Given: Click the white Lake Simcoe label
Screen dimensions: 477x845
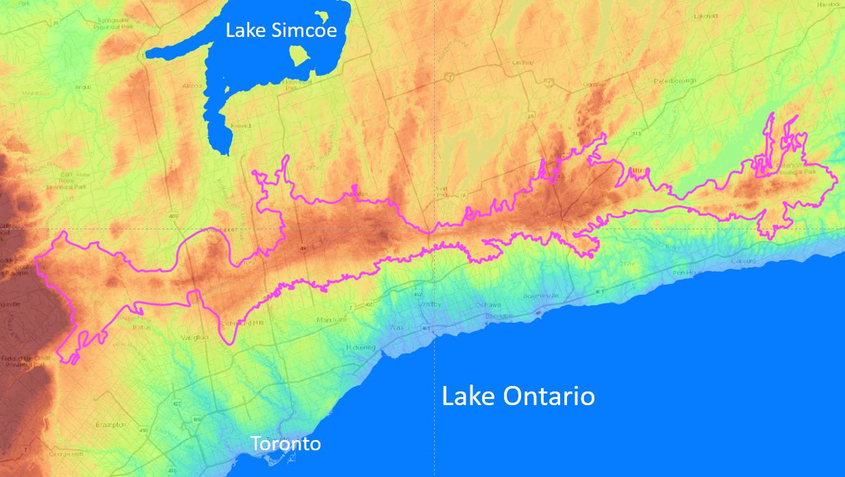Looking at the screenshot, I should pos(281,30).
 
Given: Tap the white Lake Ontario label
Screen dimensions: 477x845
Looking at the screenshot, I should pos(518,396).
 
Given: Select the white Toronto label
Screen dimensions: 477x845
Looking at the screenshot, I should pos(286,443).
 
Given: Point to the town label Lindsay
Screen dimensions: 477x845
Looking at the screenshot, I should pos(522,63).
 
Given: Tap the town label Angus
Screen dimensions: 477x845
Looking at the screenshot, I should pos(82,87).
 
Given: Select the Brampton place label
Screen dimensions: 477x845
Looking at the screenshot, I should pos(112,425).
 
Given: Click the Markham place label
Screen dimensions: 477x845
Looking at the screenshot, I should pos(331,320).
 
